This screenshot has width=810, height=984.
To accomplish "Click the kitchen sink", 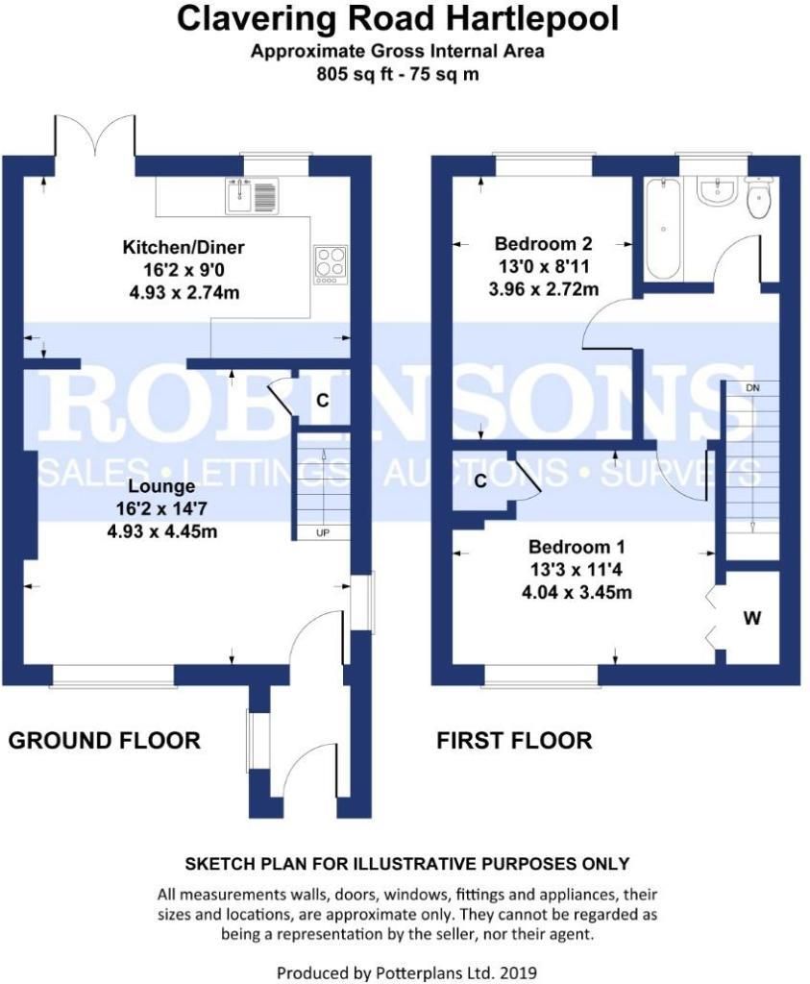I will [251, 196].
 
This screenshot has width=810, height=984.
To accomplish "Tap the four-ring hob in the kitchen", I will [331, 264].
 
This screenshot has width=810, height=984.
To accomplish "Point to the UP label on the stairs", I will [321, 531].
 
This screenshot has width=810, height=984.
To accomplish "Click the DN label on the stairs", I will [754, 386].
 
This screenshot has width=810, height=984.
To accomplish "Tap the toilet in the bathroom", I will [759, 200].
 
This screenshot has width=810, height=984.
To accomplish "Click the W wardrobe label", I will [751, 618].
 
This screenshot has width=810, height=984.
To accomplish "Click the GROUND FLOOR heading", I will [104, 740].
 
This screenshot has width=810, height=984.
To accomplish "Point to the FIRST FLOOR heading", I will [514, 740].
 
